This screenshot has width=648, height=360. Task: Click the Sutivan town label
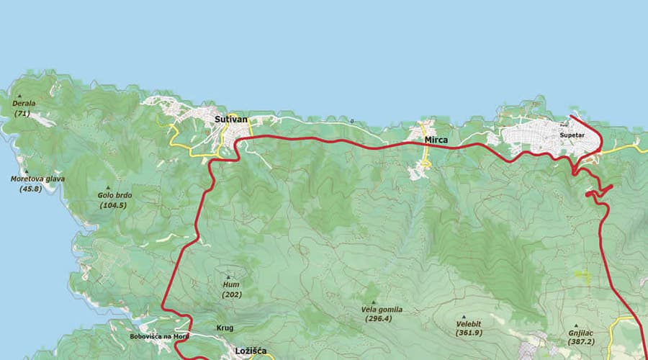[x=231, y=119]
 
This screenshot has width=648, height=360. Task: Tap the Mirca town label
[x=436, y=140]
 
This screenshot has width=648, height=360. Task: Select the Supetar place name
[x=571, y=135]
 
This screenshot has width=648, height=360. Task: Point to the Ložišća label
[x=251, y=351]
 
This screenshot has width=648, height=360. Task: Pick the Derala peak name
[x=24, y=104]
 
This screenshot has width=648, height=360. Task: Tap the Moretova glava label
[x=35, y=179]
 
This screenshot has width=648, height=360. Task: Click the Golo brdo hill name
[x=115, y=195]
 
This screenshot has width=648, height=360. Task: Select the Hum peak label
[x=230, y=284]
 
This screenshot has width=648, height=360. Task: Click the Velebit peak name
[x=469, y=324]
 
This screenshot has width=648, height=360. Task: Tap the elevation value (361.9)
[x=469, y=333]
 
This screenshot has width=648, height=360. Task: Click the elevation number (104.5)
[x=113, y=205]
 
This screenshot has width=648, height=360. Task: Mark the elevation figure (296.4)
[x=378, y=318]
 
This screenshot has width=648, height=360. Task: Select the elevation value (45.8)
[x=30, y=189]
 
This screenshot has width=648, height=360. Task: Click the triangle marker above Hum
[x=230, y=276]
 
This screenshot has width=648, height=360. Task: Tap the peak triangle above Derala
[x=20, y=96]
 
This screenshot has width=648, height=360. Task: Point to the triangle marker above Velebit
[x=464, y=316]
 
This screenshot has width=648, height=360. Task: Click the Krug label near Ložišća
[x=225, y=328]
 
